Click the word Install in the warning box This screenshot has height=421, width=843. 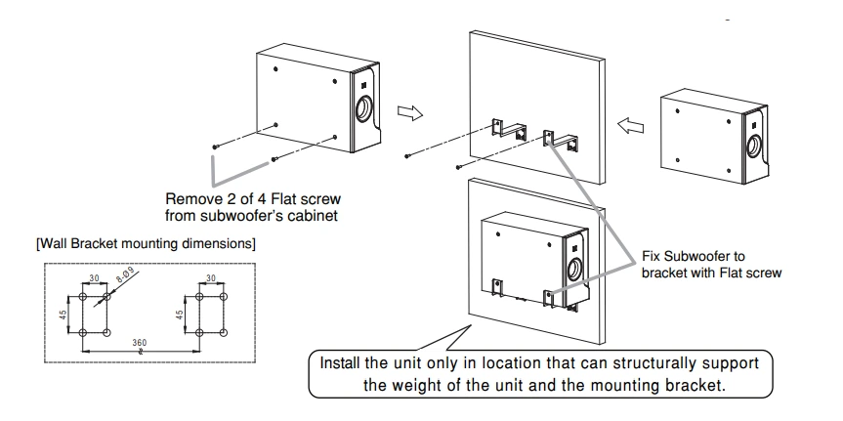[x=346, y=361]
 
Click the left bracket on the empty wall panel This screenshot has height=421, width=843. [x=504, y=130]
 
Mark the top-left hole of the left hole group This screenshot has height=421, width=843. [x=81, y=295]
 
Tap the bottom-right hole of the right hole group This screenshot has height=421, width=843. [x=224, y=333]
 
